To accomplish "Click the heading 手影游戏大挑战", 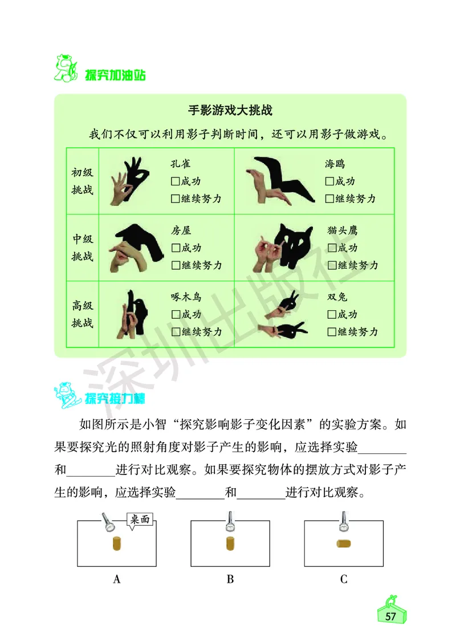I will click(230, 110).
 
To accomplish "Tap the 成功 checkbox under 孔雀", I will click(175, 182).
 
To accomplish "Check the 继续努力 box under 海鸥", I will click(329, 199).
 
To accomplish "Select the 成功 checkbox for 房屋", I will click(175, 249).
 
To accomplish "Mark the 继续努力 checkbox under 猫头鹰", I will click(332, 265).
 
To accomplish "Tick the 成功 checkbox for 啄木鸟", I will click(175, 315).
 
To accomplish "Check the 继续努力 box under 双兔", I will click(332, 332).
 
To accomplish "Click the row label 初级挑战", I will click(82, 181).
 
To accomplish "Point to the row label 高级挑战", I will click(82, 314).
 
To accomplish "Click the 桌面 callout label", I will click(140, 520).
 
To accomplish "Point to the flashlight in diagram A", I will click(108, 522).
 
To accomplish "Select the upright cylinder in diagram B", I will click(230, 543).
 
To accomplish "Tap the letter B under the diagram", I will click(230, 579).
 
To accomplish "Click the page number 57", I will click(390, 616).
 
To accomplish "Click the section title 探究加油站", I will click(115, 75).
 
